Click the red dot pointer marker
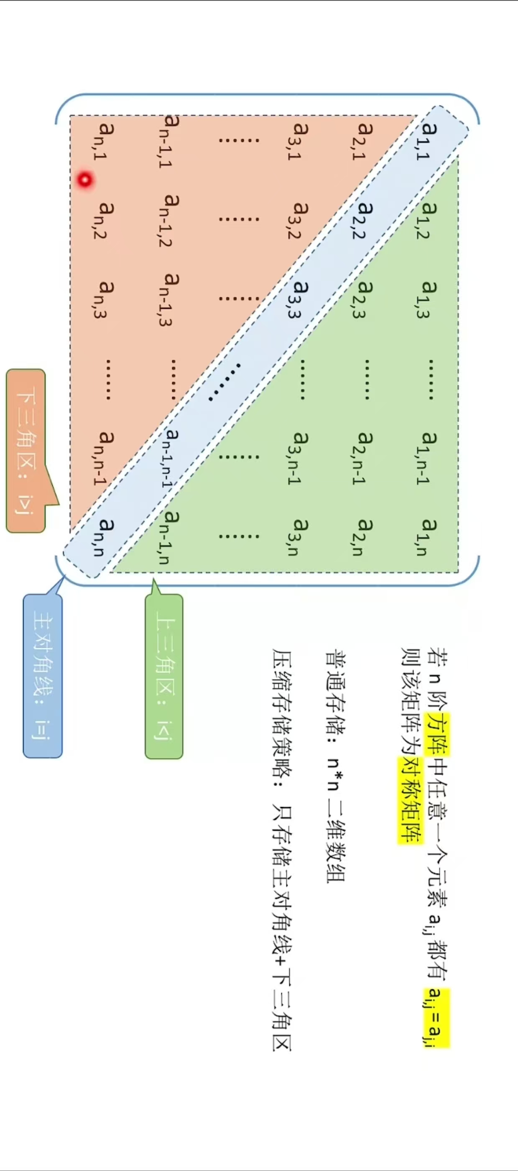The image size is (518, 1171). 85,180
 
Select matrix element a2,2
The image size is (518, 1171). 362,220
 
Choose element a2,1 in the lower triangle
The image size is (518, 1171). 362,141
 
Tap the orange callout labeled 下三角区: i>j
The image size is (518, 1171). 26,450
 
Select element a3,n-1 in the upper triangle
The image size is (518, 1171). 299,457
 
